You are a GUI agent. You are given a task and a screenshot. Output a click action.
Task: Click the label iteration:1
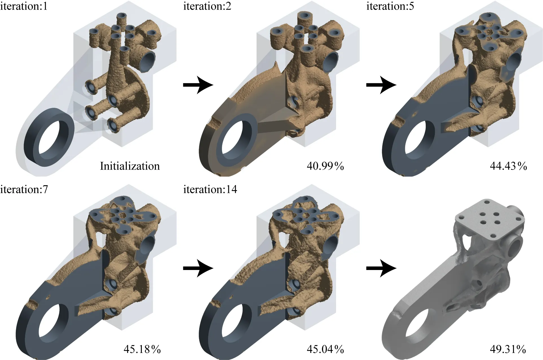24,6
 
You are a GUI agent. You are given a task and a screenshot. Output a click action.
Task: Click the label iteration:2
207,6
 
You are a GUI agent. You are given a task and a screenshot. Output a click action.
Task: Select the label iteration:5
390,6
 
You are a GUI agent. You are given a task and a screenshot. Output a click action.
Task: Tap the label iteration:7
24,189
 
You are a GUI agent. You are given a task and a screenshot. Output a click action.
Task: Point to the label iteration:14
210,189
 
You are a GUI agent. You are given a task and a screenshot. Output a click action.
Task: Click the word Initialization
130,166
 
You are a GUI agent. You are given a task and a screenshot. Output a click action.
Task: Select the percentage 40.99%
325,166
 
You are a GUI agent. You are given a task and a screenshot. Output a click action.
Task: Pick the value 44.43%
508,166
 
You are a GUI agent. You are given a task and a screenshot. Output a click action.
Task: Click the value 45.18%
142,349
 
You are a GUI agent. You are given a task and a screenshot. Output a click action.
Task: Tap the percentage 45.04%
325,349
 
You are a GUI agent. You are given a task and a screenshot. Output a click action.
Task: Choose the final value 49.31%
508,349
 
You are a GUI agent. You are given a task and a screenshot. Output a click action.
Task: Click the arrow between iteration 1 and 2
198,85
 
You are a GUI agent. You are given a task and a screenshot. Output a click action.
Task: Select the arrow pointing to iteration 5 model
381,85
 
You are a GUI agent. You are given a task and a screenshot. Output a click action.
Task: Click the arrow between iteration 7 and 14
198,268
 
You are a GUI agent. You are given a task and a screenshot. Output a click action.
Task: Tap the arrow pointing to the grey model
381,268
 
